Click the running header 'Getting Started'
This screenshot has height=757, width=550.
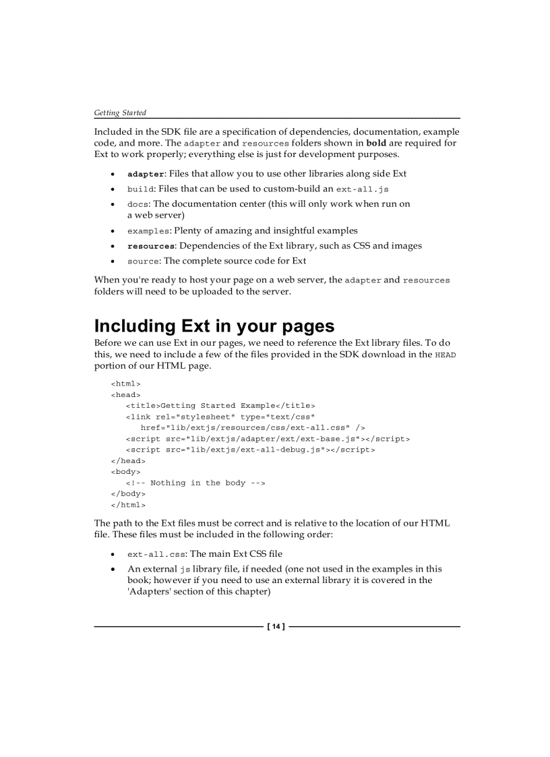pos(120,113)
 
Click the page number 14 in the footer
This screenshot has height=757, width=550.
pos(276,627)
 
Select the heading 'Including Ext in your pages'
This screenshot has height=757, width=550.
pos(214,326)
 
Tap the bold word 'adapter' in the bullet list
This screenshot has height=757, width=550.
pos(146,174)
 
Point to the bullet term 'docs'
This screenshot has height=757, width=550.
pos(138,204)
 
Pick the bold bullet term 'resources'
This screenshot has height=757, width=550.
pos(151,246)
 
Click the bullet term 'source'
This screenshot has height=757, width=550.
pos(143,261)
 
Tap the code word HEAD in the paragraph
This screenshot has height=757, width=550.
pos(446,355)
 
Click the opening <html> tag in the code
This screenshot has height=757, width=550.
pos(126,384)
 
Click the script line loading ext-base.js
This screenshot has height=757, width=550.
pos(268,439)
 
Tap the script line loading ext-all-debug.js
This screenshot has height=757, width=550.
pos(250,450)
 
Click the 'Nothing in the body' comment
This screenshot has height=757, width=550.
pos(195,483)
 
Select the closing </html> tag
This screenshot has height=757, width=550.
pos(128,504)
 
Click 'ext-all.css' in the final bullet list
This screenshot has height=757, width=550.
pos(156,555)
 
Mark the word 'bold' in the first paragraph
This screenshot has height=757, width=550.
pos(376,143)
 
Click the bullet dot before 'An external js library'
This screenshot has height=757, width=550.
pos(112,570)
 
